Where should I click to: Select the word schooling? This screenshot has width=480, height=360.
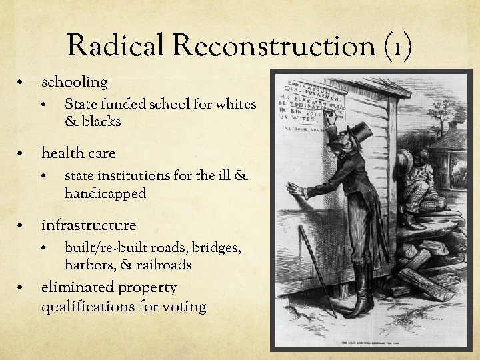74,82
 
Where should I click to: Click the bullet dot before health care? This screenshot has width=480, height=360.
23,155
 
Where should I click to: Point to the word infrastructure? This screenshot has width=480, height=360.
88,225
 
